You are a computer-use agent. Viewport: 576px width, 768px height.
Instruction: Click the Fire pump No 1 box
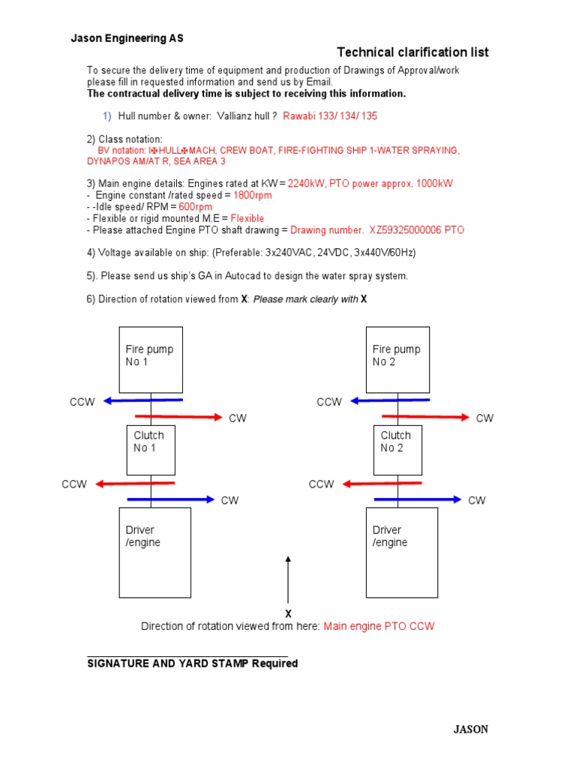pyautogui.click(x=151, y=359)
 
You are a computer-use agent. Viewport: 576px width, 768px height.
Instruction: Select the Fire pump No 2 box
pyautogui.click(x=397, y=359)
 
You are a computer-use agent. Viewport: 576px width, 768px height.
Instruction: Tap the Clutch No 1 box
pyautogui.click(x=151, y=449)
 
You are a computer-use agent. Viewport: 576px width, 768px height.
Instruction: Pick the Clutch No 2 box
pyautogui.click(x=397, y=449)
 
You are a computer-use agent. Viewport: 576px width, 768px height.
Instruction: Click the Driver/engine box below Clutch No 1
pyautogui.click(x=155, y=552)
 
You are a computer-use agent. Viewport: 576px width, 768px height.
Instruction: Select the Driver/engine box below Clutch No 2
pyautogui.click(x=402, y=552)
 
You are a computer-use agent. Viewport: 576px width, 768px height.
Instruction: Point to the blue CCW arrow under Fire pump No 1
pyautogui.click(x=142, y=400)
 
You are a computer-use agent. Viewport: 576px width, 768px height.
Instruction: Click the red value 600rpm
pyautogui.click(x=195, y=207)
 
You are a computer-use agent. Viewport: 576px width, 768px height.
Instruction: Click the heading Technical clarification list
pyautogui.click(x=412, y=52)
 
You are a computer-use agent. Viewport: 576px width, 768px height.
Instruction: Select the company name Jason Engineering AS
pyautogui.click(x=127, y=38)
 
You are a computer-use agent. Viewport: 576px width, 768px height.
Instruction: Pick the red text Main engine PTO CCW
pyautogui.click(x=379, y=626)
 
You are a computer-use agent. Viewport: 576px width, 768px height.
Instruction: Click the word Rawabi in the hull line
pyautogui.click(x=298, y=116)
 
